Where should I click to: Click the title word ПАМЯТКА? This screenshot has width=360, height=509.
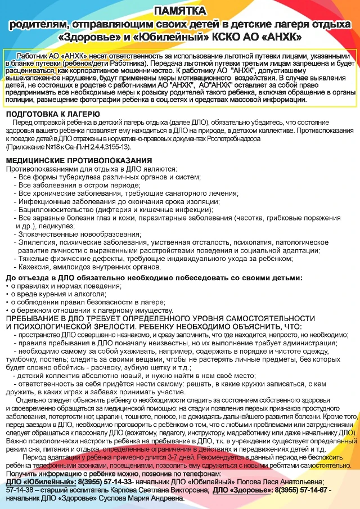coord(179,10)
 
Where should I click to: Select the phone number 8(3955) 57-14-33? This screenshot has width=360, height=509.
coord(95,482)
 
